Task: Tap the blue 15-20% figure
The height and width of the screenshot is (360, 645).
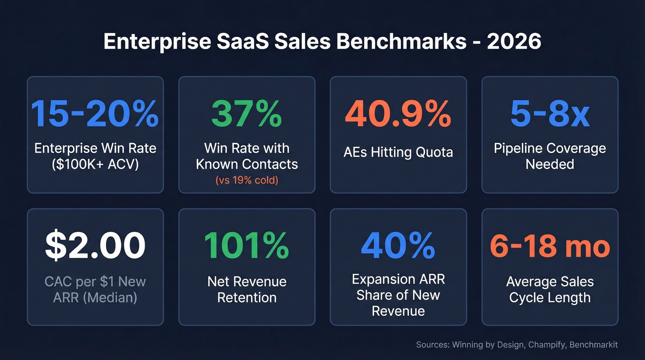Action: (95, 114)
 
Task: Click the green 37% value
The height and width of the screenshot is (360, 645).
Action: (246, 114)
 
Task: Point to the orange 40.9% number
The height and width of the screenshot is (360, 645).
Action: (398, 114)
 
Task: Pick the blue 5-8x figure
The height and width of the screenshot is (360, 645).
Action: (550, 114)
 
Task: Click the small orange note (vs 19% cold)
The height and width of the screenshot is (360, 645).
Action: (246, 180)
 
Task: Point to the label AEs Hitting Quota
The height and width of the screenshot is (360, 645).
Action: (398, 153)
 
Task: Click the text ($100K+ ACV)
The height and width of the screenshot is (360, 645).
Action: (95, 164)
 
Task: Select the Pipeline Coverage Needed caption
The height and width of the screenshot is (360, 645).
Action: (550, 156)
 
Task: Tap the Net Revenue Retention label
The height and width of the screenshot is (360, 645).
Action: (246, 289)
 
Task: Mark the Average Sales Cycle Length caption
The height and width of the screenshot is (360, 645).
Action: (550, 289)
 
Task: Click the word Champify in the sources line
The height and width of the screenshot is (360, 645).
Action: (546, 345)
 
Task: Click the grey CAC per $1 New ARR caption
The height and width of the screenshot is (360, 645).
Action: (95, 289)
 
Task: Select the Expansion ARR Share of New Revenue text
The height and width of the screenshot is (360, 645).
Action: (398, 295)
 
